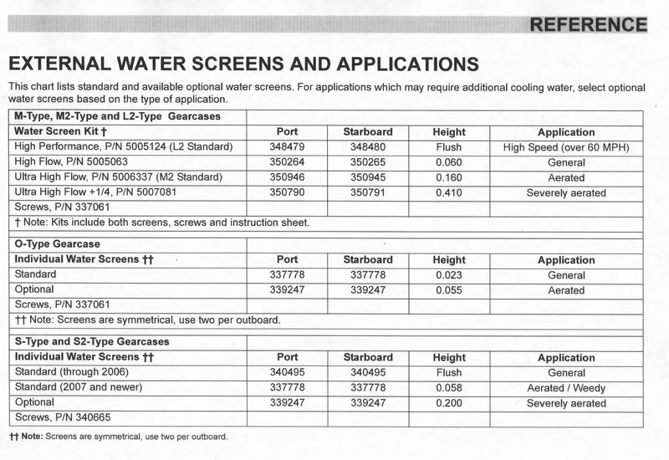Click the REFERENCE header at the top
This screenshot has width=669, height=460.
pyautogui.click(x=588, y=24)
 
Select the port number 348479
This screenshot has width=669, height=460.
pyautogui.click(x=287, y=148)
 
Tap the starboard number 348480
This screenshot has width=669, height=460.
pyautogui.click(x=367, y=148)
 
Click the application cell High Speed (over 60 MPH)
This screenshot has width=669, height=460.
pyautogui.click(x=566, y=148)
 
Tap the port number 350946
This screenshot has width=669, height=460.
pyautogui.click(x=287, y=178)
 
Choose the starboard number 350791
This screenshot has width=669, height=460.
pyautogui.click(x=367, y=193)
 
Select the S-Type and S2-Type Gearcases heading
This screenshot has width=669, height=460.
pyautogui.click(x=92, y=342)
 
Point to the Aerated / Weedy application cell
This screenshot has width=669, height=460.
pyautogui.click(x=566, y=388)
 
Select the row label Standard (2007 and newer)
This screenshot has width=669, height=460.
pyautogui.click(x=79, y=388)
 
